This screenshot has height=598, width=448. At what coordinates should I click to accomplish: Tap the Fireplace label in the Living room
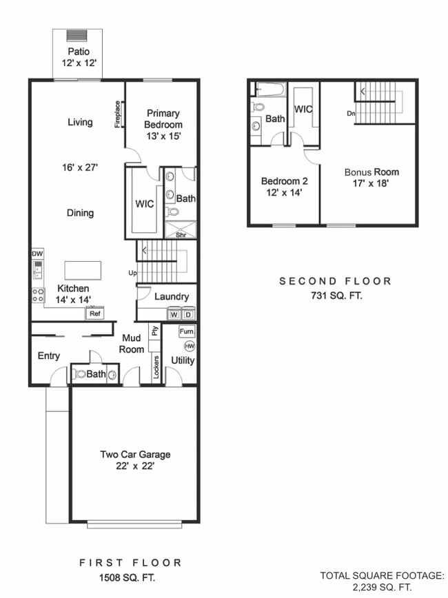(117, 114)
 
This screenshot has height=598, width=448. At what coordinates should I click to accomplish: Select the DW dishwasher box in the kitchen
(37, 253)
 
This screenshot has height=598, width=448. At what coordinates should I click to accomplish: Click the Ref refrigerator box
(94, 313)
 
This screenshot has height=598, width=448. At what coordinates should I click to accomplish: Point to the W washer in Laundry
(174, 314)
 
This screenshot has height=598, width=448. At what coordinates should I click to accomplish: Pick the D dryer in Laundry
(187, 314)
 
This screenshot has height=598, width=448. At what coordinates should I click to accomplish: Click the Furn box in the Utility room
(186, 331)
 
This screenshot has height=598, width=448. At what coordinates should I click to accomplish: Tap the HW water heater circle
(189, 346)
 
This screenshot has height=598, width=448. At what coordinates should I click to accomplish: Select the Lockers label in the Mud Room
(156, 367)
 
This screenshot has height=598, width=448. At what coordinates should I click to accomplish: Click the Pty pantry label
(155, 331)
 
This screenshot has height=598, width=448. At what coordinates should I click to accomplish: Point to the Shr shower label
(181, 234)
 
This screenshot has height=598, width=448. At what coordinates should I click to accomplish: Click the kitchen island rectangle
(83, 269)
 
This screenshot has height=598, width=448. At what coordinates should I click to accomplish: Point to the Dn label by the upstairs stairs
(352, 114)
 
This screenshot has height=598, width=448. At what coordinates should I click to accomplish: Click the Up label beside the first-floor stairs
(132, 274)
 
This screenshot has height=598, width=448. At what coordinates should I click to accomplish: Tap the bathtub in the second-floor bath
(267, 89)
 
